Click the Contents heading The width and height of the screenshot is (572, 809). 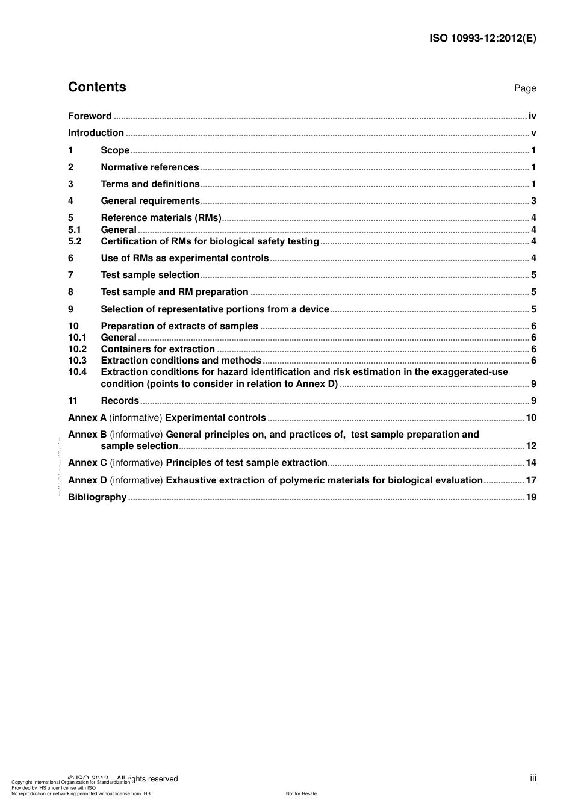click(97, 87)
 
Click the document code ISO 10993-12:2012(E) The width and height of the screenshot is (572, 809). click(482, 38)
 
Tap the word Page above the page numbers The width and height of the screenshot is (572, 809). click(524, 88)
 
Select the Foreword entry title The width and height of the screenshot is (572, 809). click(90, 116)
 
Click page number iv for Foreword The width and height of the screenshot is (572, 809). click(532, 116)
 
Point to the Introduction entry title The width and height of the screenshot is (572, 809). click(96, 133)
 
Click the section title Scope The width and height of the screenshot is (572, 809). click(115, 150)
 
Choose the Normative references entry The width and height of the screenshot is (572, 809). click(149, 167)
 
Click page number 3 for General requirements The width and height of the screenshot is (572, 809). click(533, 201)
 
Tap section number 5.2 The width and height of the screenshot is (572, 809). click(75, 241)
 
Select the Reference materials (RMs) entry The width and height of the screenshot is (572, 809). click(161, 218)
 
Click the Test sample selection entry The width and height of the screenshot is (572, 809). click(150, 275)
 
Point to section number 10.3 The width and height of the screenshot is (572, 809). click(77, 361)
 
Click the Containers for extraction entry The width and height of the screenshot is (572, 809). click(158, 349)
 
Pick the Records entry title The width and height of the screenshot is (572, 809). click(120, 401)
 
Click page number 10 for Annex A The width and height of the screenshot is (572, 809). click(530, 418)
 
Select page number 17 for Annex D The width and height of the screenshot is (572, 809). click(530, 480)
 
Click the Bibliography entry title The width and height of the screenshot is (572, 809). click(97, 497)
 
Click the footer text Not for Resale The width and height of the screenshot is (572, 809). click(300, 793)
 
